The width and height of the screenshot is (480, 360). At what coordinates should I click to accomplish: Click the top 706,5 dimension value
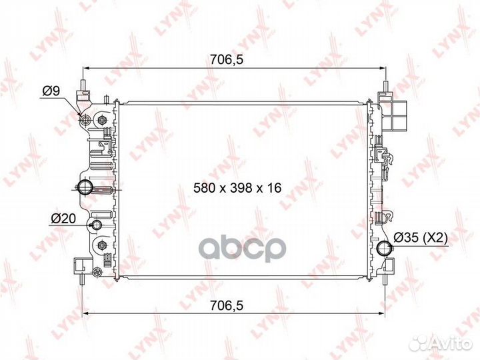point(227,59)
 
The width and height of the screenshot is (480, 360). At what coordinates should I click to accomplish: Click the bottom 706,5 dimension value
point(227,305)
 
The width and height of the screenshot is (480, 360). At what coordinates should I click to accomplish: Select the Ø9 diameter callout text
point(51,91)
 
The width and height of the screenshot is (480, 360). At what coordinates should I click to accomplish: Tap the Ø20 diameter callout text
point(63,218)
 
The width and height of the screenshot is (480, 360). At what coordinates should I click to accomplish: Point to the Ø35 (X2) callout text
point(420,237)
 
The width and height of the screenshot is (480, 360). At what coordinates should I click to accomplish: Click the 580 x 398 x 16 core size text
point(237,187)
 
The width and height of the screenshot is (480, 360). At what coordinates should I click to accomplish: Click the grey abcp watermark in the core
point(243,249)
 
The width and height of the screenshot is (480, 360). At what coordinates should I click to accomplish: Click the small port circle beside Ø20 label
point(97,225)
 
